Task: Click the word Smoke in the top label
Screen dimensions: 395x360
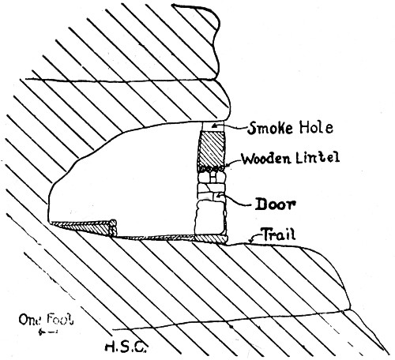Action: click(x=270, y=128)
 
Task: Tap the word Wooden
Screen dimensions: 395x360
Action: click(x=266, y=159)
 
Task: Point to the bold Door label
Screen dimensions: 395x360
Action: click(x=276, y=204)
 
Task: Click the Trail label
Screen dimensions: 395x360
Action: click(x=279, y=234)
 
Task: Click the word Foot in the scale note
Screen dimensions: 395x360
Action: click(x=60, y=319)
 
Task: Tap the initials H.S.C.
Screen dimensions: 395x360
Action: click(x=126, y=347)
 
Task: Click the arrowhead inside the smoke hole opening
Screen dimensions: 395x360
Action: click(x=215, y=126)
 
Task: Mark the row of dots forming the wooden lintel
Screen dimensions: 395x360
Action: click(x=212, y=168)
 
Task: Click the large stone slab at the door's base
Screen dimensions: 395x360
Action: click(x=210, y=217)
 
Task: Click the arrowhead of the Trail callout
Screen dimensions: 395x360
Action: click(x=251, y=241)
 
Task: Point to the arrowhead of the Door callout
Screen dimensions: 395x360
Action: click(x=218, y=196)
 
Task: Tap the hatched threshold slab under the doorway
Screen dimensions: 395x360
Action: click(x=210, y=238)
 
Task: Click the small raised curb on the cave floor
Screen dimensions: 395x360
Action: click(x=113, y=227)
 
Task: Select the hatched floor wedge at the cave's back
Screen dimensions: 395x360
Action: click(x=81, y=227)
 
